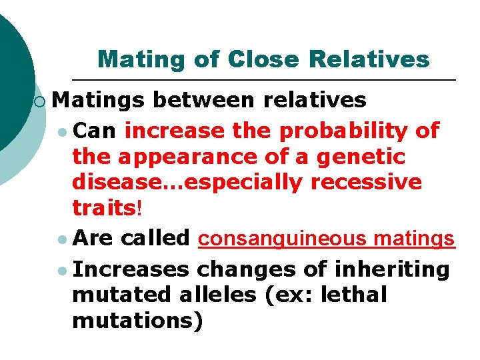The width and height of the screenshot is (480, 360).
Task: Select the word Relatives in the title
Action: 369,59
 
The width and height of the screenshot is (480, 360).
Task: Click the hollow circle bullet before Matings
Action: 41,101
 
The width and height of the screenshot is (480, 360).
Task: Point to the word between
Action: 204,100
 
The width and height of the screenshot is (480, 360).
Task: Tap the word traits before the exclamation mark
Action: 103,207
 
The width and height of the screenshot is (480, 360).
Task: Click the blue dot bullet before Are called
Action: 62,239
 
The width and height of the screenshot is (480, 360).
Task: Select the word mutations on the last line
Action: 133,320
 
